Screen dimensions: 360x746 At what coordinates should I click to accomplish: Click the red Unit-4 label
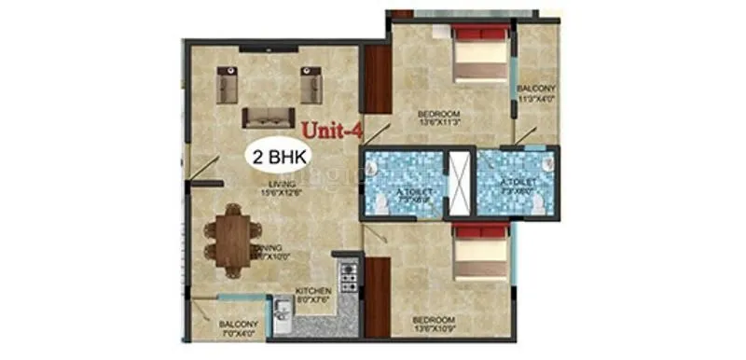(x=331, y=132)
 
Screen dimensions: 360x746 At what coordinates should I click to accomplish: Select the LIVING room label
(x=277, y=184)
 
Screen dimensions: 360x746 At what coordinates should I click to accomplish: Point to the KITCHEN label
(x=314, y=291)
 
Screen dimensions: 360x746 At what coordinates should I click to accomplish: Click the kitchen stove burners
(x=350, y=274)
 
